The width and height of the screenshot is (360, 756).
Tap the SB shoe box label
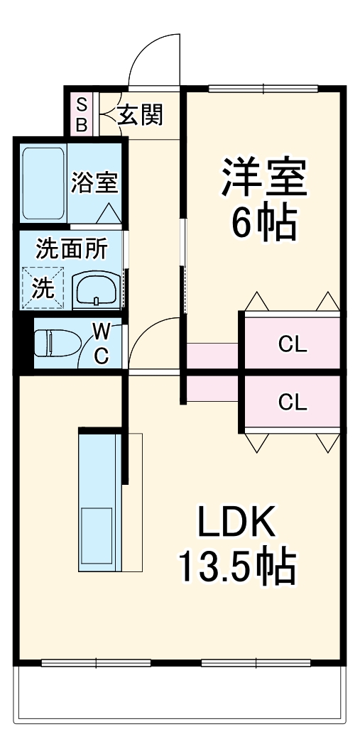81,114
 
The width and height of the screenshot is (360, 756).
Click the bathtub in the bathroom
43,182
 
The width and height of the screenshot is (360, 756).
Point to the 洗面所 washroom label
72,249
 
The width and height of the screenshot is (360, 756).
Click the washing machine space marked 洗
42,287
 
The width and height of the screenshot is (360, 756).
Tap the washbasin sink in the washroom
97,289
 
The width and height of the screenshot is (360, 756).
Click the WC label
102,343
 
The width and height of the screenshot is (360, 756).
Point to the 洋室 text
264,177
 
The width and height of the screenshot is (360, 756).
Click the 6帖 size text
263,224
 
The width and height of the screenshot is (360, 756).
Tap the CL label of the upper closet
292,345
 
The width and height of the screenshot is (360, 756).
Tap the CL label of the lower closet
292,402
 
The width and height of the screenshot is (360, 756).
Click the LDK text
235,525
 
